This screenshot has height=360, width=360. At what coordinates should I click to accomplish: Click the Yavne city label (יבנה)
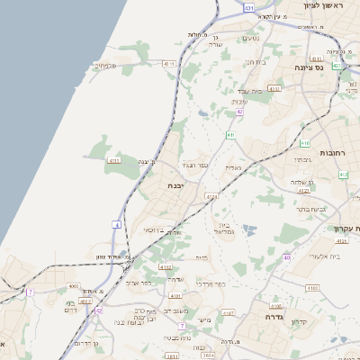click(175, 184)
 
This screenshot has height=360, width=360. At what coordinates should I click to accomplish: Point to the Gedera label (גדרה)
click(274, 317)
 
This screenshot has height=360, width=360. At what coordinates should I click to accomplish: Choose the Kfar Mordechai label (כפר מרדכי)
click(215, 284)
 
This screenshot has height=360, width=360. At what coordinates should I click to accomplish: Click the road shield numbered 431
click(248, 6)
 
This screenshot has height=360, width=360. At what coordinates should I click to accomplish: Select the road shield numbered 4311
click(169, 64)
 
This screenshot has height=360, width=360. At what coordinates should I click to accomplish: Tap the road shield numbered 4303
click(274, 89)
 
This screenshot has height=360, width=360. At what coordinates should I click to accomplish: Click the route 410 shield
click(305, 142)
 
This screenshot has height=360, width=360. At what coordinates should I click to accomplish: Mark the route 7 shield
click(30, 292)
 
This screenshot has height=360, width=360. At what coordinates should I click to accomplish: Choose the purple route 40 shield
click(287, 257)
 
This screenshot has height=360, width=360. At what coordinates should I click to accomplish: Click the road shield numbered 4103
click(311, 288)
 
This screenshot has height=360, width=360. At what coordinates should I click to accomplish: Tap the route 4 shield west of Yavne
click(117, 223)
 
